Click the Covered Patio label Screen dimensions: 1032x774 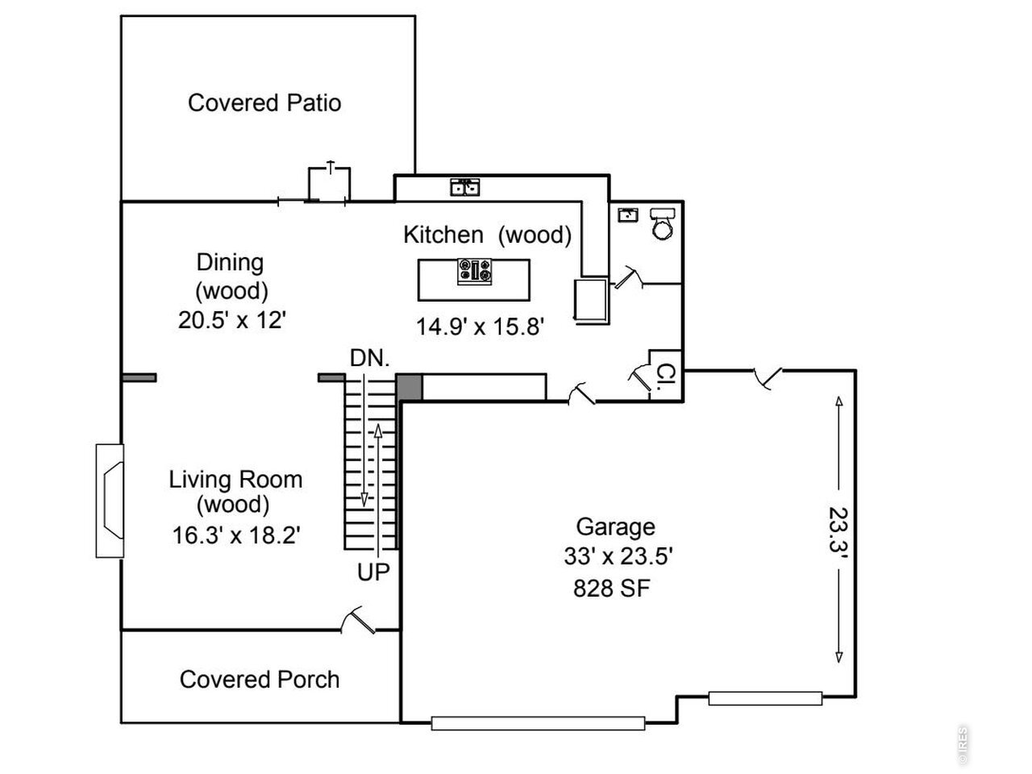coord(264,103)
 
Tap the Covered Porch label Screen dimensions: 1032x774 coord(260,680)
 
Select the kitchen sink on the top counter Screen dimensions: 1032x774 coord(465,187)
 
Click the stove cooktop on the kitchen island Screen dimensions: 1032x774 coord(475,272)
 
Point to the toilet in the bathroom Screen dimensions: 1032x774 coord(663,223)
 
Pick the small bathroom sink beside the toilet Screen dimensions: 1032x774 coord(627,214)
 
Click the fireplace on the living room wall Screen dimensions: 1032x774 coord(110,501)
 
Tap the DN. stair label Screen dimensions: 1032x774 coord(370,358)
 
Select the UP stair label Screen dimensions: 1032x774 coord(373,572)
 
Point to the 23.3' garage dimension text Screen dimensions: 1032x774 coord(838,530)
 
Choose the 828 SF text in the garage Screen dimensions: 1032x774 coord(612,588)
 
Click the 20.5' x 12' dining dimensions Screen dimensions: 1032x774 coord(232,321)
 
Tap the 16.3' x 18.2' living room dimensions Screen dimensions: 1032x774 coord(236,535)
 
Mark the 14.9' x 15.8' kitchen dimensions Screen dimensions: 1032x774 coord(480,327)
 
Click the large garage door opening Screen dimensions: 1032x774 coord(538,722)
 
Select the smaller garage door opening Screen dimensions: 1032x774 coord(765,698)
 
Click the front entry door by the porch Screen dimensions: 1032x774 coord(358,620)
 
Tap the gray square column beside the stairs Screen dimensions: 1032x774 coord(409,387)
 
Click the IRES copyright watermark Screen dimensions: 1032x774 coord(963,745)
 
